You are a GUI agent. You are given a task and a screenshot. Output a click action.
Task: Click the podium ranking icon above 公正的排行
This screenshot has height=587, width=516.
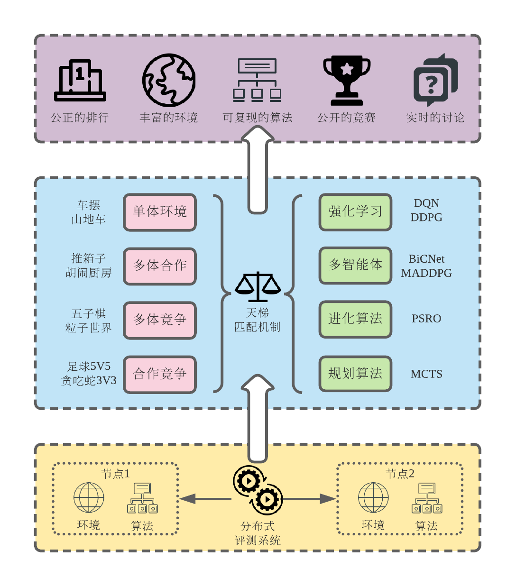(x=80, y=80)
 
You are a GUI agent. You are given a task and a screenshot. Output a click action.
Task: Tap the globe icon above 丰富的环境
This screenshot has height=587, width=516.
(x=169, y=80)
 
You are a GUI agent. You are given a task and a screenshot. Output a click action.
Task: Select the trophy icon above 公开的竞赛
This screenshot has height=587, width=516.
(x=347, y=80)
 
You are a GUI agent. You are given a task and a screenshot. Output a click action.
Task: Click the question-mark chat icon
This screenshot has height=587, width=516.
(x=435, y=80)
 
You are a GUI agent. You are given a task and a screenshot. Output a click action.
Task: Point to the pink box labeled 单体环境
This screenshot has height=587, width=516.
(x=160, y=212)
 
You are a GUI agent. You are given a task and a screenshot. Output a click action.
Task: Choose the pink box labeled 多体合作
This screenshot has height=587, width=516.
(x=160, y=266)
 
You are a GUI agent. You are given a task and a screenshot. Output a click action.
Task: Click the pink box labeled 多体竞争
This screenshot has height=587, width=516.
(x=160, y=320)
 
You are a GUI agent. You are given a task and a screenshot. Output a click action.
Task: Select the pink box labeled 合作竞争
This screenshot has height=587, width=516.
(x=160, y=374)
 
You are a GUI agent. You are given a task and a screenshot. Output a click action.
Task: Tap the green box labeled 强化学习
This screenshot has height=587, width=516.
(x=355, y=212)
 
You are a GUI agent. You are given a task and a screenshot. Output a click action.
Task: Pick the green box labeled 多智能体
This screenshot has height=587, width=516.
(x=355, y=265)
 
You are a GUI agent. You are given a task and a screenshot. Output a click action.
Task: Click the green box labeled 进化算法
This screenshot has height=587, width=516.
(x=355, y=319)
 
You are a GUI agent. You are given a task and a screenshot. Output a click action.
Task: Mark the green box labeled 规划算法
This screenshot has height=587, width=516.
(x=355, y=374)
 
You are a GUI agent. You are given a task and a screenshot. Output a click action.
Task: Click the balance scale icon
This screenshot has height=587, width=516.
(x=258, y=287)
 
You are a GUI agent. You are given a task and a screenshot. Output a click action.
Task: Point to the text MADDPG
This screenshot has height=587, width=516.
(x=426, y=273)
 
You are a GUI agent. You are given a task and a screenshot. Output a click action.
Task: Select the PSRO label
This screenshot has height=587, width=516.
(x=426, y=319)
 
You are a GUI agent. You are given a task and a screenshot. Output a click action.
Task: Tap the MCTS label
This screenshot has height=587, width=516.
(x=426, y=374)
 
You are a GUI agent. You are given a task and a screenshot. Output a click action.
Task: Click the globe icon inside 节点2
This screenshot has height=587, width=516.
(x=373, y=498)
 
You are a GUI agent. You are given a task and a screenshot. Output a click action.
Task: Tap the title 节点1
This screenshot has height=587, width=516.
(x=115, y=474)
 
